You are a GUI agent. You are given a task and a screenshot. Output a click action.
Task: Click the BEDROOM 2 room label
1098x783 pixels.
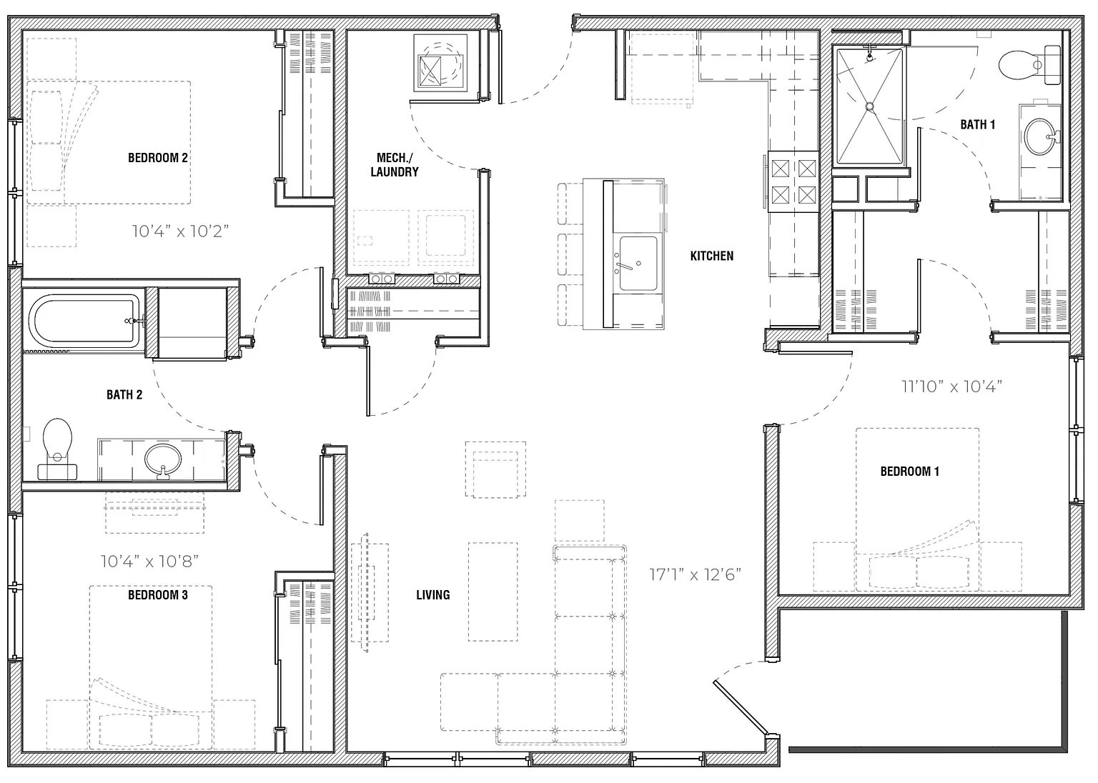[x=158, y=158]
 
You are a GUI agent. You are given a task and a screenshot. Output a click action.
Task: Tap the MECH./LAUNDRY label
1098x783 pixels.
[x=395, y=164]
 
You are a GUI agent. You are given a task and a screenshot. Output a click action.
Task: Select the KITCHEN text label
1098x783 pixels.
[x=712, y=256]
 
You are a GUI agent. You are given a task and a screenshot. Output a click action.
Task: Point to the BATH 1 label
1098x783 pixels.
[x=977, y=124]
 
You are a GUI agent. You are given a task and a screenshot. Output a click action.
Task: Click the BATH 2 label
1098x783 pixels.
[x=124, y=394]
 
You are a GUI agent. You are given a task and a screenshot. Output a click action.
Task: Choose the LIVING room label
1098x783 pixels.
[x=432, y=595]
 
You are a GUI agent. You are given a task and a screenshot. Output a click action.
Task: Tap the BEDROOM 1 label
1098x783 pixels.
[x=910, y=472]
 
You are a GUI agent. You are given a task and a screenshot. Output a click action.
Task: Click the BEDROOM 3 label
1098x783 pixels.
[x=158, y=595]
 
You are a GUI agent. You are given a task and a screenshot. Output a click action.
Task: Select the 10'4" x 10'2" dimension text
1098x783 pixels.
[x=180, y=231]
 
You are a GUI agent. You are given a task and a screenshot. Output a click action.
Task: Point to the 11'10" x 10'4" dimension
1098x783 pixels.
[x=952, y=386]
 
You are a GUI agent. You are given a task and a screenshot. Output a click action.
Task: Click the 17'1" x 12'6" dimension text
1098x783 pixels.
[x=695, y=574]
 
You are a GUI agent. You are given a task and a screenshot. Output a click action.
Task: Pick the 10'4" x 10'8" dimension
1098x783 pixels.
[x=149, y=561]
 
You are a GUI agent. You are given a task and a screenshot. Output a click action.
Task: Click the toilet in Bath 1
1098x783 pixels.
[x=1029, y=65]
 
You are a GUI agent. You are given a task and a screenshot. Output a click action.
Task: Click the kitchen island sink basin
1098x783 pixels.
[x=638, y=264]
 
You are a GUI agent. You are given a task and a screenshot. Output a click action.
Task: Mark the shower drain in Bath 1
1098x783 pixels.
[x=869, y=106]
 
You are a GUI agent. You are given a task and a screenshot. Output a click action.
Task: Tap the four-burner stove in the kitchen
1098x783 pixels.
[x=793, y=181]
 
